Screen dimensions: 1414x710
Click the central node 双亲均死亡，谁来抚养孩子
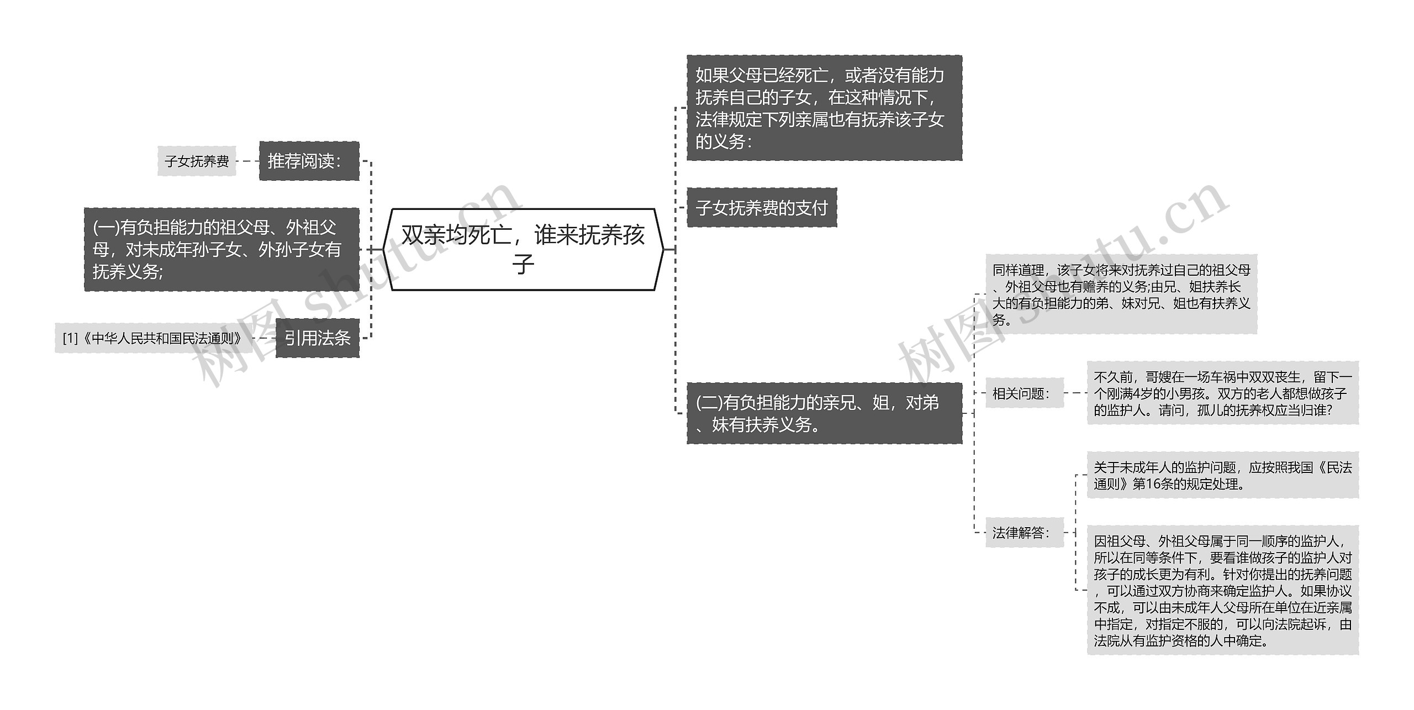coord(523,249)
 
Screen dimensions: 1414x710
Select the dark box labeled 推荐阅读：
coord(309,161)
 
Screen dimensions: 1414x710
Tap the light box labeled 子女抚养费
coord(197,161)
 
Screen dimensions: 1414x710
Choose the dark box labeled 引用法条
coord(317,338)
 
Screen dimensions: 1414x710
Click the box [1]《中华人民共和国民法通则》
coord(152,338)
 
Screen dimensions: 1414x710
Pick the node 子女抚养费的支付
coord(762,207)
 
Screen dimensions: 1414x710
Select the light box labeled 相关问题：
coord(1024,393)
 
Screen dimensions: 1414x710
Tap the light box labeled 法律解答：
coord(1024,532)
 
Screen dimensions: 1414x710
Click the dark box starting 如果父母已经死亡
coord(824,108)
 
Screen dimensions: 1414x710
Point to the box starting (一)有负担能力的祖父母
coord(221,249)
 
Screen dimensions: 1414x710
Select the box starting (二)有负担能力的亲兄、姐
coord(824,413)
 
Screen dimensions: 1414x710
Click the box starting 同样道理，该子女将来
coord(1121,294)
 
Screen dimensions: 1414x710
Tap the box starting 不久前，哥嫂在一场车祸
coord(1222,393)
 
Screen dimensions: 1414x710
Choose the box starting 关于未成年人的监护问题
coord(1222,475)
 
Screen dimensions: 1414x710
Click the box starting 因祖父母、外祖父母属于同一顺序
coord(1222,590)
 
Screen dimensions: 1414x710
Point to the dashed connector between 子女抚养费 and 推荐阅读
coord(247,161)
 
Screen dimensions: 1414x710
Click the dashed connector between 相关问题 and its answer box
coord(1075,393)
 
